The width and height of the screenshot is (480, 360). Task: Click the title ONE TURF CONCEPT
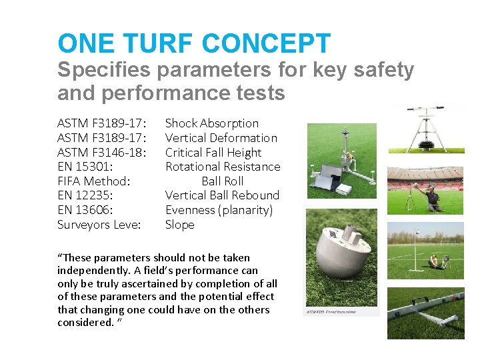(x=194, y=44)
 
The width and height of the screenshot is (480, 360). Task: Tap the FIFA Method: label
(x=94, y=181)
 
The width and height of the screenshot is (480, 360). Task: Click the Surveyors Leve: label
(x=99, y=225)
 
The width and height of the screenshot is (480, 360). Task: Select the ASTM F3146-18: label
(x=102, y=152)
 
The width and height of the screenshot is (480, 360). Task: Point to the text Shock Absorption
(x=211, y=123)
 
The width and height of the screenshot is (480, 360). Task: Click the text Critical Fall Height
(x=213, y=152)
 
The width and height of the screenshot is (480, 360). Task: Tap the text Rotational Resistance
(x=223, y=167)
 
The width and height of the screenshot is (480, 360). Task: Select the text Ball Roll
(x=223, y=181)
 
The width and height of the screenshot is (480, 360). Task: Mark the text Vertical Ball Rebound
(x=222, y=195)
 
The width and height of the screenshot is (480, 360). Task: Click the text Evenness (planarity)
(x=219, y=210)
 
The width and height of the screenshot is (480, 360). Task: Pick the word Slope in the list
(x=180, y=225)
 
